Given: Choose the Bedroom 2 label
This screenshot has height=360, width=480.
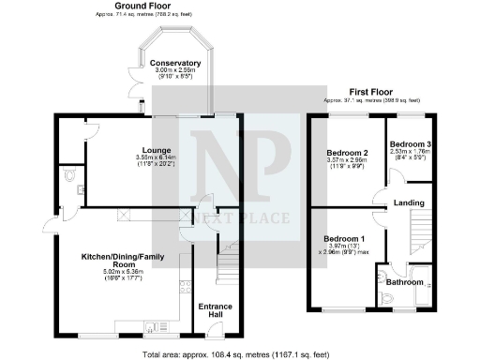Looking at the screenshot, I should pyautogui.click(x=348, y=151).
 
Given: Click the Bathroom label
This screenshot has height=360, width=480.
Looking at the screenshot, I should pyautogui.click(x=404, y=281).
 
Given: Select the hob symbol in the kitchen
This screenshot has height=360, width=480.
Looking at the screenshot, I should pyautogui.click(x=185, y=291).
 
